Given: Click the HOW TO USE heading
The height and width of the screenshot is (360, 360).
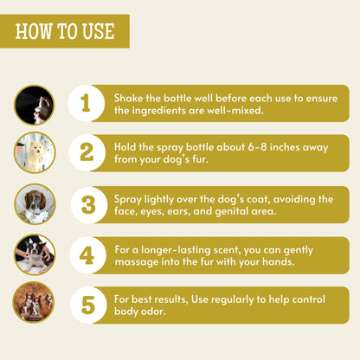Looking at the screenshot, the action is [x=65, y=31].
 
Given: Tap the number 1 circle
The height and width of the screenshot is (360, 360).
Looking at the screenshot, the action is [x=87, y=103].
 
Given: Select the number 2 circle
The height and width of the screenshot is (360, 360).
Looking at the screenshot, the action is [x=87, y=153].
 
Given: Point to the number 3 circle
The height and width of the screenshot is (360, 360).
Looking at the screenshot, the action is [x=89, y=205].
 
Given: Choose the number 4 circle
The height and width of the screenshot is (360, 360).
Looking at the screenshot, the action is [x=87, y=255].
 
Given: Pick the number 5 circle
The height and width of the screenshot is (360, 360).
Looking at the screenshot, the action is [x=88, y=305].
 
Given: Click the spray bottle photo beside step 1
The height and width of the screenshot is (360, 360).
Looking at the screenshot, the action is [x=35, y=105].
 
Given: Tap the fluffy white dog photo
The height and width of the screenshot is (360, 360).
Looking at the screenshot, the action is [x=35, y=153].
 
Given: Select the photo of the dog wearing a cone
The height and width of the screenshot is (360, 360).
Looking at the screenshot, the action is [x=35, y=204].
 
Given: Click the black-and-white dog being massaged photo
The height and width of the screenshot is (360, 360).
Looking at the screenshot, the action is [x=35, y=255].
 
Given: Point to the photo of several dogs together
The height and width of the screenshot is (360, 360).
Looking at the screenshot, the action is [x=34, y=302].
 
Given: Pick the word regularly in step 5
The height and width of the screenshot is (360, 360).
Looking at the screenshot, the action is [x=233, y=300].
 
